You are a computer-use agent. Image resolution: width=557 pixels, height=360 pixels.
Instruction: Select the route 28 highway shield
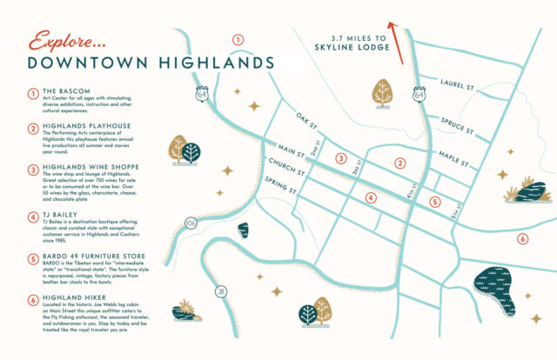point(221,290)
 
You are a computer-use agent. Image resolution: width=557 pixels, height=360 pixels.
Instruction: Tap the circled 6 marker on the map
point(522,238)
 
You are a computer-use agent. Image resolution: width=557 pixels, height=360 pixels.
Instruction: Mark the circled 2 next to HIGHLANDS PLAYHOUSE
point(30,126)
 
